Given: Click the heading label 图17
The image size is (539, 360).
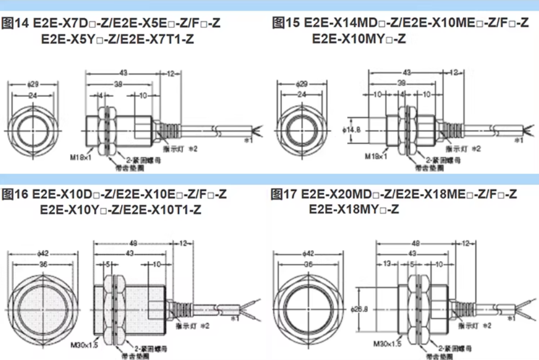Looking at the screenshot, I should [x=285, y=195].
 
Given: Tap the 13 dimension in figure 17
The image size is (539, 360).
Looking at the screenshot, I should [x=387, y=264].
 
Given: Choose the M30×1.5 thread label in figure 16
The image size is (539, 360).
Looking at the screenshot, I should [x=84, y=344].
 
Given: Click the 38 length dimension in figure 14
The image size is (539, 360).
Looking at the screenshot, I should [x=117, y=83].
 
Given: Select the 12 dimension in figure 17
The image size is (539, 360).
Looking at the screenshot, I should [x=465, y=243].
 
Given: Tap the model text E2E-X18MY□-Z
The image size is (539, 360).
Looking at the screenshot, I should [x=354, y=209].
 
